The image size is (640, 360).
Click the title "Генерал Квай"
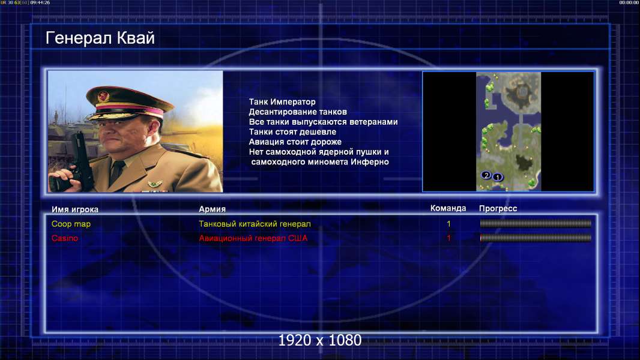click(x=100, y=38)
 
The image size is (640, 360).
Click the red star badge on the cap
click(x=103, y=96)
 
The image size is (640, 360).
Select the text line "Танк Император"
click(x=282, y=102)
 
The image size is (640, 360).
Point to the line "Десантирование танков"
click(x=298, y=112)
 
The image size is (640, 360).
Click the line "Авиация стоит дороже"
click(x=295, y=142)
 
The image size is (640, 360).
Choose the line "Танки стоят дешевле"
click(x=292, y=131)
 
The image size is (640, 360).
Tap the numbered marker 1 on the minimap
click(x=498, y=177)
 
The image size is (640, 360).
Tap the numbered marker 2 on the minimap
click(x=486, y=175)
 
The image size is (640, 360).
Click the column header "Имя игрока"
click(x=74, y=209)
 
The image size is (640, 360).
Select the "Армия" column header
click(x=213, y=209)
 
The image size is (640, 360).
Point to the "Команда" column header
click(x=448, y=208)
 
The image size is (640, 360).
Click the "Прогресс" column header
click(x=498, y=208)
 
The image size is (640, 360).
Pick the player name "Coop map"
click(x=71, y=224)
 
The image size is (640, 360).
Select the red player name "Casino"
click(x=64, y=238)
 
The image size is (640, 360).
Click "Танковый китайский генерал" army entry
click(x=255, y=224)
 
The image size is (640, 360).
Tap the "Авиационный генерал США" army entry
click(x=253, y=238)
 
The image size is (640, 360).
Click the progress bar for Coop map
click(x=536, y=223)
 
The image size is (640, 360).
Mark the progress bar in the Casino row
click(x=536, y=238)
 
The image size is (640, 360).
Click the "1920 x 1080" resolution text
click(x=319, y=340)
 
